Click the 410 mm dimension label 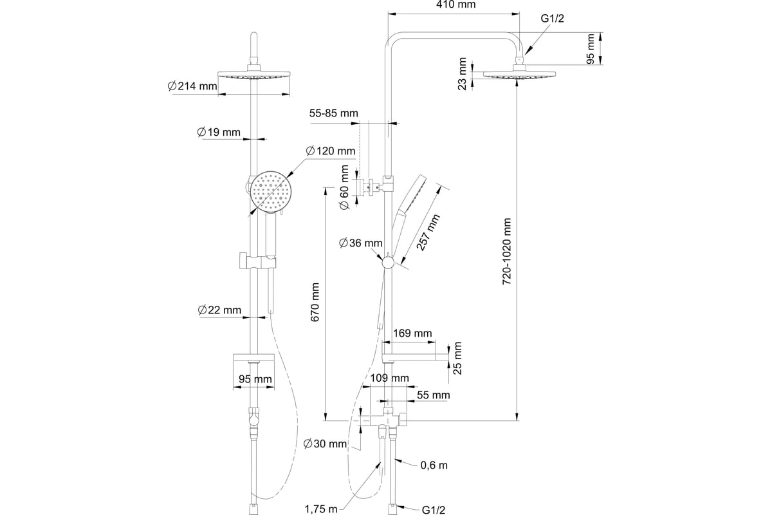point(455,5)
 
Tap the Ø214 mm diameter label point(192,86)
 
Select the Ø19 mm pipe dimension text point(219,132)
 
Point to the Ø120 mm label point(331,151)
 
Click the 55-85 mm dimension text point(334,113)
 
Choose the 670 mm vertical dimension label point(315,302)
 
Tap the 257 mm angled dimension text point(428,232)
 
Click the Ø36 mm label point(360,243)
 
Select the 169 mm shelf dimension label point(412,333)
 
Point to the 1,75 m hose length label point(321,509)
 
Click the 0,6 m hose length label point(434,465)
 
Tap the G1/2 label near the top point(552,18)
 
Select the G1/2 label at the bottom point(434,510)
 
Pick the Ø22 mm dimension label point(219,310)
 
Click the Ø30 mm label point(325,444)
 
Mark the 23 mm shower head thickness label point(462,74)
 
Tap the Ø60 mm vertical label point(344,187)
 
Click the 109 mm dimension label point(389,378)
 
